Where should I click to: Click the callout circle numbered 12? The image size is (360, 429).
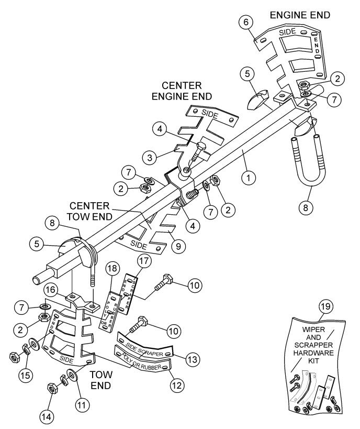pyautogui.click(x=175, y=383)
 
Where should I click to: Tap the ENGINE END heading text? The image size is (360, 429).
pyautogui.click(x=300, y=15)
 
